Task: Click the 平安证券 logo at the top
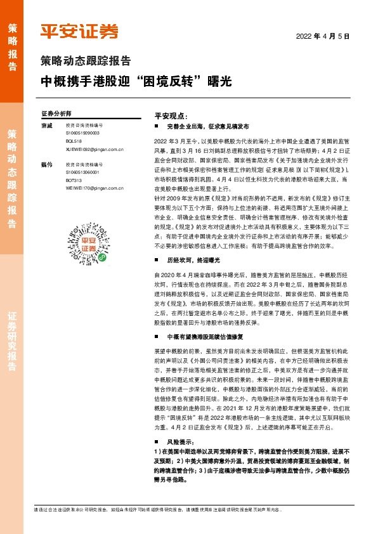tap(79, 32)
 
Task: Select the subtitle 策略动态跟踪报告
tap(86, 62)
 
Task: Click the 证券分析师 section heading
tap(56, 113)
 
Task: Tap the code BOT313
tap(74, 180)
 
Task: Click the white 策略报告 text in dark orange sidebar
tap(12, 42)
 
